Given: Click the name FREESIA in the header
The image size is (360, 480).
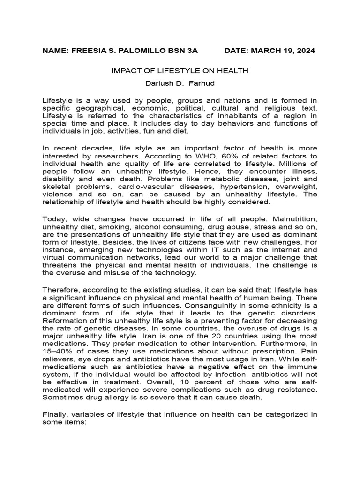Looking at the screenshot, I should [x=88, y=51].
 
